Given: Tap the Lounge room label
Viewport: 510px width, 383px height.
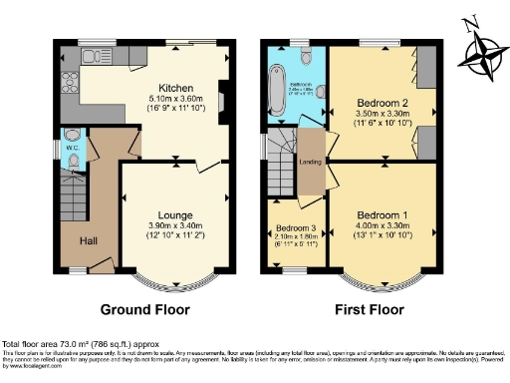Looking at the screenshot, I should pos(174,214).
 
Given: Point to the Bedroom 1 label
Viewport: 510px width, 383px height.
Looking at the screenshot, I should pos(382,215).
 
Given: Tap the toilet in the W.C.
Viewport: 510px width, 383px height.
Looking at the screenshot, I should pos(73,137).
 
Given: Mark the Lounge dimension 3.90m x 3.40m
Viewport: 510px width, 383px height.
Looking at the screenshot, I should pos(174,226).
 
